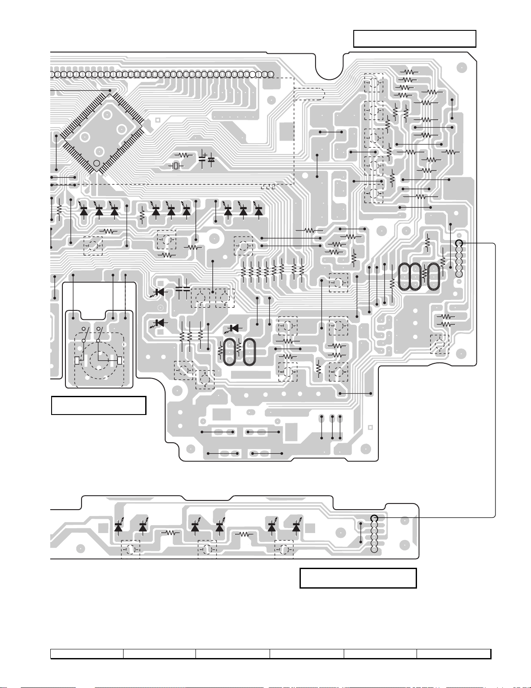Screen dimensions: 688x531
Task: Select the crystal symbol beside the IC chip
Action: (x=176, y=166)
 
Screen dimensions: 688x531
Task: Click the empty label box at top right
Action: (x=415, y=39)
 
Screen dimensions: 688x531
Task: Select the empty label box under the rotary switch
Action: (x=98, y=405)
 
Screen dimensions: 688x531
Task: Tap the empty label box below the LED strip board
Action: (x=358, y=578)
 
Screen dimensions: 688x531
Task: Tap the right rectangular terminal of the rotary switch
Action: (x=120, y=360)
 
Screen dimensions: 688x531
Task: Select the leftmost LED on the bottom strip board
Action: (x=118, y=527)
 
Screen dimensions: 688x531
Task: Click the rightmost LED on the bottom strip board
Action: (x=296, y=527)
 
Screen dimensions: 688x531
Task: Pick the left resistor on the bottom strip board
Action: (x=170, y=533)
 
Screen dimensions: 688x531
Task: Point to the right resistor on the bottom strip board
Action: (x=244, y=534)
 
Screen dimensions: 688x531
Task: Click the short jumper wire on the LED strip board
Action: (x=361, y=533)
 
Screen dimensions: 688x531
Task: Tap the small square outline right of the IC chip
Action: (x=157, y=120)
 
